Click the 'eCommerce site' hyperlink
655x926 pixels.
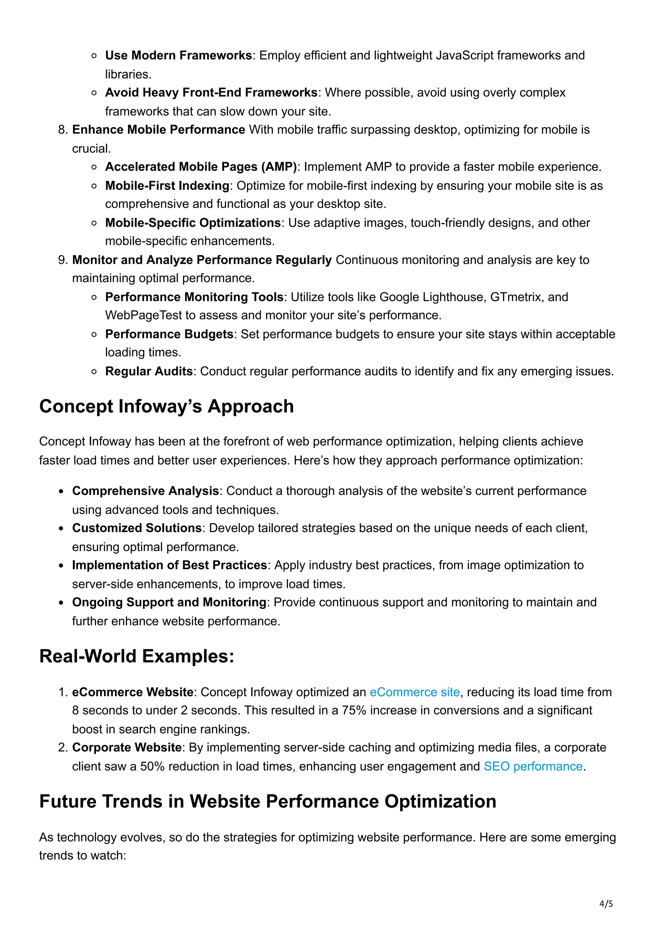point(414,692)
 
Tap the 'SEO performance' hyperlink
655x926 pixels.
point(533,766)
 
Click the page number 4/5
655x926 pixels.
point(606,904)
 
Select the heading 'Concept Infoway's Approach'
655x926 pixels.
point(166,406)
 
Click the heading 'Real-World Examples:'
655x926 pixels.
point(137,656)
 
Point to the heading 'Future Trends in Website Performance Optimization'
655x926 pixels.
point(268,801)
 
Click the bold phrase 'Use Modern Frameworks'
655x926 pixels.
point(178,55)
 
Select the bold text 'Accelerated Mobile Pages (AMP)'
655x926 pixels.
point(201,166)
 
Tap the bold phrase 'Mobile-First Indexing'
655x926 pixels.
point(167,186)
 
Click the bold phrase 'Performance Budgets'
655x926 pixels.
point(169,334)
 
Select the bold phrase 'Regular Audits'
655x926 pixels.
point(148,371)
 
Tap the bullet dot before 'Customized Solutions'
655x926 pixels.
point(61,528)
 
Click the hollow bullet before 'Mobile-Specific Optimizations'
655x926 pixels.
point(94,223)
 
